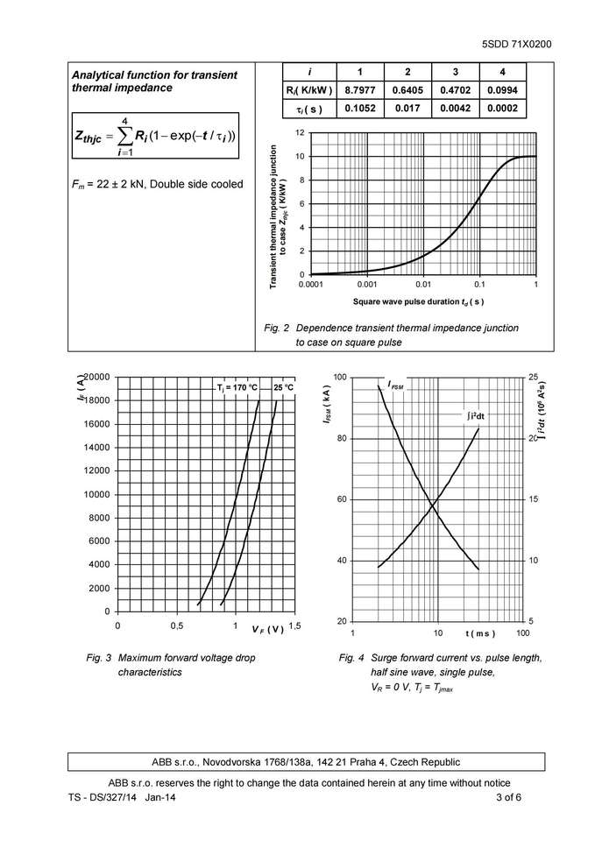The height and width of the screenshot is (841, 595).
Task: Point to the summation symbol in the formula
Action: click(126, 137)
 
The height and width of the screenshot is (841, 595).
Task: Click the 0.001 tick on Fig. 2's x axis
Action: click(367, 285)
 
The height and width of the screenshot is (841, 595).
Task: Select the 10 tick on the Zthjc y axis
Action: click(299, 157)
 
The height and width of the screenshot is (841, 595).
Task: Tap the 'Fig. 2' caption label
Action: click(276, 328)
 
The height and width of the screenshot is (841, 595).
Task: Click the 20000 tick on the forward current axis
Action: click(96, 377)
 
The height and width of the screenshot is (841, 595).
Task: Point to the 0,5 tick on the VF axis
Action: click(176, 626)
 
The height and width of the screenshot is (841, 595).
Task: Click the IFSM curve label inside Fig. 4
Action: click(396, 386)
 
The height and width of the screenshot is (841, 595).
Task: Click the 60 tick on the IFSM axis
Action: click(341, 499)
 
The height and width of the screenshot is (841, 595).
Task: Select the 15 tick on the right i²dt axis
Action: click(533, 499)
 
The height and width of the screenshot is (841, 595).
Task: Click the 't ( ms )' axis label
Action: click(480, 633)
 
